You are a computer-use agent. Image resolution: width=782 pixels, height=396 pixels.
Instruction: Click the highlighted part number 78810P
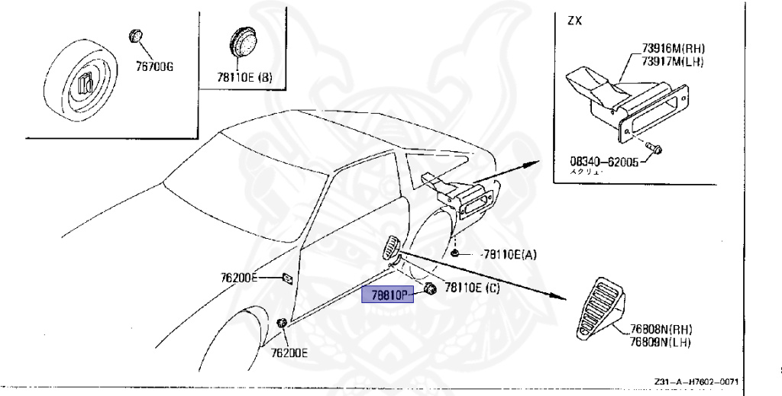tap(387, 293)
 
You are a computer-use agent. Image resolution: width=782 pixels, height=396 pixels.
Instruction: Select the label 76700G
tap(155, 67)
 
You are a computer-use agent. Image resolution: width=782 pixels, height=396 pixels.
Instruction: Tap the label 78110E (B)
tap(244, 77)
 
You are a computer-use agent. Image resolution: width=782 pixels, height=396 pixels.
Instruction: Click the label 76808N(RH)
tap(661, 330)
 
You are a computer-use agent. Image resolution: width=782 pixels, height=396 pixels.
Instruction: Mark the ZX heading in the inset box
tap(574, 21)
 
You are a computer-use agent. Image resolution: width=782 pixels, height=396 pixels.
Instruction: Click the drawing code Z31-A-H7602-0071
tap(696, 382)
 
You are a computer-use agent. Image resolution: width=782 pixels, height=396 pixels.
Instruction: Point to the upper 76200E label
tap(239, 278)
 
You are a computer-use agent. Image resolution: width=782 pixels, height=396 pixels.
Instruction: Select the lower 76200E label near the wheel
tap(289, 353)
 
